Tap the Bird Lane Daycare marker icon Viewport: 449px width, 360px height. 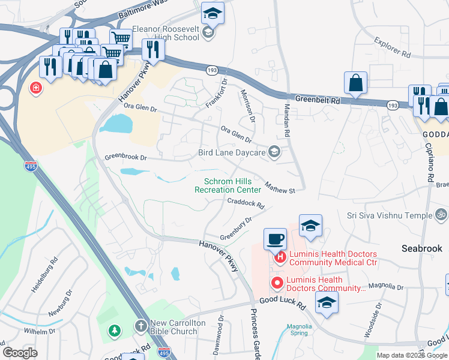274,152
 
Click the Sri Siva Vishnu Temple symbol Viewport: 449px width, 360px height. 441,215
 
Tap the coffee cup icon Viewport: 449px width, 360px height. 275,239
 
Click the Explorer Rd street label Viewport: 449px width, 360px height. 392,48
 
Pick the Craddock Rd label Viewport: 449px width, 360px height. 246,202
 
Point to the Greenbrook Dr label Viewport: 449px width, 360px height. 125,157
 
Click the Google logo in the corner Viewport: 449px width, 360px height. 20,353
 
